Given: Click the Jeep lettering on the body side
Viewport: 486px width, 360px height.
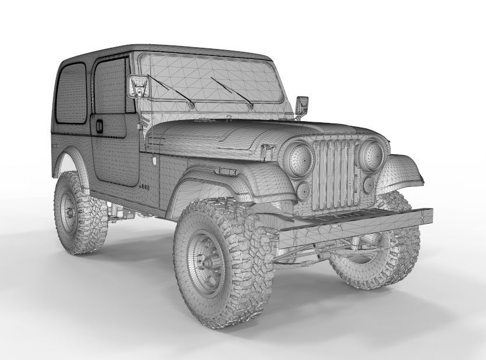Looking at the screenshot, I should coord(145,186).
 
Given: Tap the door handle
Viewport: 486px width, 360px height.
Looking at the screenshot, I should coord(100,125).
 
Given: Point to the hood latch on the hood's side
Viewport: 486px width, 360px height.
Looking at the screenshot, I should coord(267,150).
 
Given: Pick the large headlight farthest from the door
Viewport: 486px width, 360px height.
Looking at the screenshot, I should coord(371,154).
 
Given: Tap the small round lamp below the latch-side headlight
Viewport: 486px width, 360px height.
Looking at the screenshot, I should coord(304,190).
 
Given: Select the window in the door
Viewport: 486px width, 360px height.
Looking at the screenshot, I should coord(111,87).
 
